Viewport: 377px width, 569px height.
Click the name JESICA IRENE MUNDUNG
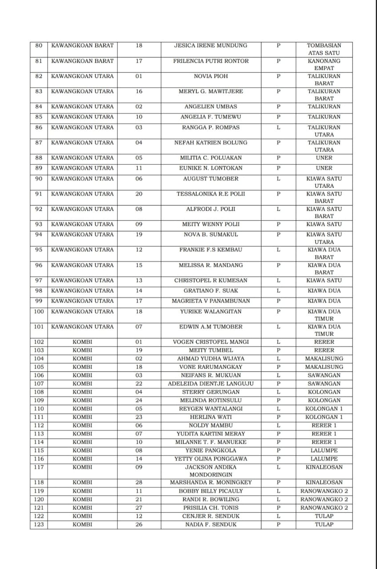click(x=210, y=45)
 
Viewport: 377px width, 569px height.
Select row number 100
click(x=39, y=312)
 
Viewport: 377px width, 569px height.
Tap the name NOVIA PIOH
click(x=210, y=76)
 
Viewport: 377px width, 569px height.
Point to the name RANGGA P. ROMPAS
click(x=210, y=128)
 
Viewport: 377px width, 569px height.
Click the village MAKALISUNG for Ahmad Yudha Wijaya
click(x=324, y=359)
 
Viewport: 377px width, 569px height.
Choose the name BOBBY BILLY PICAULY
click(x=210, y=491)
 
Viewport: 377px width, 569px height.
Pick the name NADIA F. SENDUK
click(x=210, y=525)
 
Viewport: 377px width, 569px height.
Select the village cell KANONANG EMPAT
click(x=324, y=64)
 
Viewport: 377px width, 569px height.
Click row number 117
click(x=39, y=467)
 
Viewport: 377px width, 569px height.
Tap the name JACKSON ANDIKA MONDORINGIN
click(x=210, y=471)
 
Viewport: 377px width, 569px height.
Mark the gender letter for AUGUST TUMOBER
click(x=278, y=179)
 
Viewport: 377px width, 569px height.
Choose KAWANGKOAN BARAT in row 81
click(x=82, y=61)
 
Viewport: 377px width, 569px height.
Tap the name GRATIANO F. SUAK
click(x=210, y=291)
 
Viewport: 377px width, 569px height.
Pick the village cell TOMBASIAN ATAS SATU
click(x=324, y=49)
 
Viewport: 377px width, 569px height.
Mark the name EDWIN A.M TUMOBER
click(x=210, y=327)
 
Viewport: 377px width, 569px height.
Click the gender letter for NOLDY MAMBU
click(x=278, y=425)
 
